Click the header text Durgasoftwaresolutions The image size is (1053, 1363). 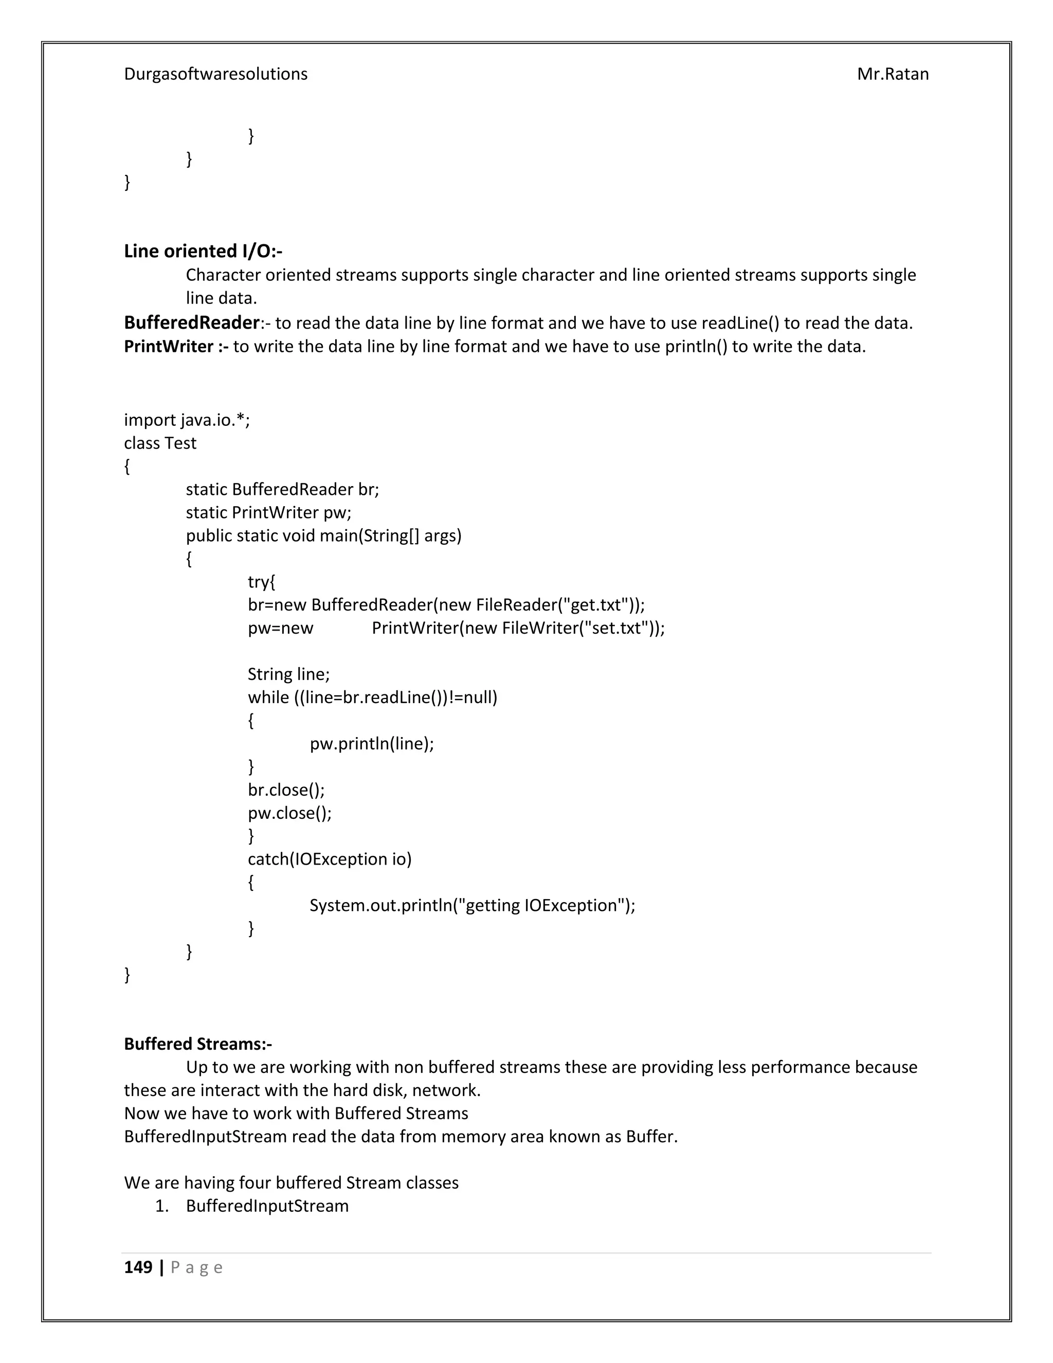(x=215, y=74)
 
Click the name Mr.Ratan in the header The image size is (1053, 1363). (x=892, y=74)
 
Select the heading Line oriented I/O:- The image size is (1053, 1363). (x=203, y=251)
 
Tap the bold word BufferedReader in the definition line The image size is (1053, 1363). (x=191, y=322)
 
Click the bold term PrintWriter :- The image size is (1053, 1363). (x=176, y=346)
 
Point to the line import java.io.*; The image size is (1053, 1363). (x=187, y=420)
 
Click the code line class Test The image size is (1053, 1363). (x=160, y=443)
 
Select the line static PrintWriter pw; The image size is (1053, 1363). (x=268, y=512)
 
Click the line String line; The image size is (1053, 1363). (x=288, y=674)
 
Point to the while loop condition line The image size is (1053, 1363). (x=372, y=697)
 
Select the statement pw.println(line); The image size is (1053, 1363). (x=372, y=743)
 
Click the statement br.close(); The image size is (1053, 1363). (x=286, y=790)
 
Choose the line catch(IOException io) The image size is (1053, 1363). (x=330, y=859)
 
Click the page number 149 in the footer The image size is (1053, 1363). (x=138, y=1267)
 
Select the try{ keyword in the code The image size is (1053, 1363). (x=261, y=582)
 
